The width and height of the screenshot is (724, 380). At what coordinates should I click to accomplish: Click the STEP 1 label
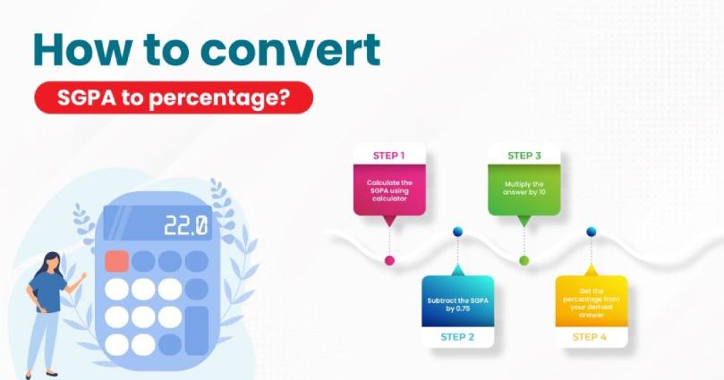389,156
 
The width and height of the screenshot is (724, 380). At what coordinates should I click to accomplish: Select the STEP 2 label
456,337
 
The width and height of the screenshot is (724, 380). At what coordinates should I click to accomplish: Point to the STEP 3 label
524,156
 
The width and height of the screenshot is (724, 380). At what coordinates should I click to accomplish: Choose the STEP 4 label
590,337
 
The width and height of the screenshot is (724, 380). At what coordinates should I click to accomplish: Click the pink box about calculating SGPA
389,190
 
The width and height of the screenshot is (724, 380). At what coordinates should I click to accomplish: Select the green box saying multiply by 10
524,188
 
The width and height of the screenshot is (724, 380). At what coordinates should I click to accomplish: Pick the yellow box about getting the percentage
591,302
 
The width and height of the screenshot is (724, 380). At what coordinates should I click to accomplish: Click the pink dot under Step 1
389,261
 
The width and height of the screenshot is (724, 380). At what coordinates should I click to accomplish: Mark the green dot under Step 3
524,261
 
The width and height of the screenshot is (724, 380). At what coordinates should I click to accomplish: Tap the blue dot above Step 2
457,232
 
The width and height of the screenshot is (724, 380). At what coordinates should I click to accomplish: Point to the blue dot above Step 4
591,232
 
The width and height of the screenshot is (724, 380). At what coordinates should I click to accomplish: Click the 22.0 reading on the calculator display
185,225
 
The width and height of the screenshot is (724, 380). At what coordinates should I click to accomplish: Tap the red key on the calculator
116,261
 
